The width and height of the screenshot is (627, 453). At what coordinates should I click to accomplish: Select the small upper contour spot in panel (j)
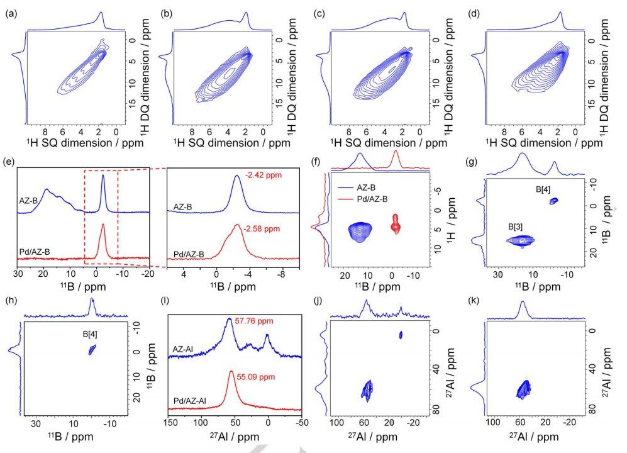tap(401, 335)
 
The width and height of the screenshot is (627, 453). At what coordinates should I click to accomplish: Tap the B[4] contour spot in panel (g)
tap(553, 201)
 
